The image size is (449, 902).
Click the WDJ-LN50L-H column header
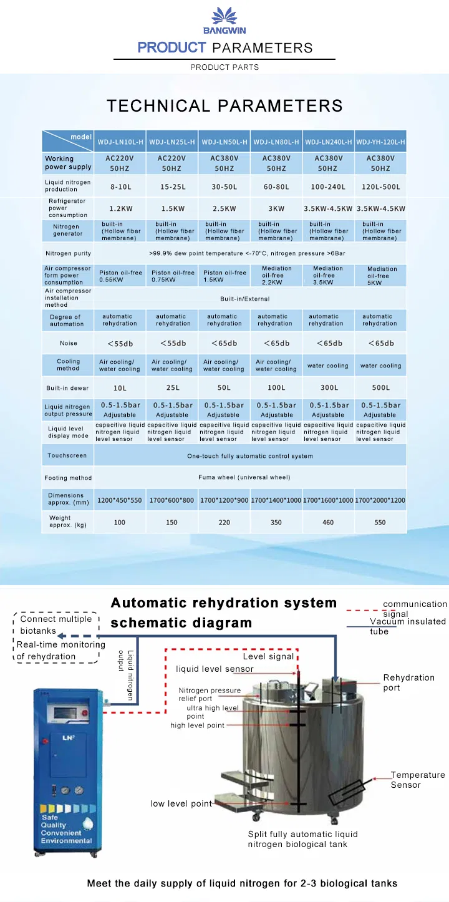(x=224, y=142)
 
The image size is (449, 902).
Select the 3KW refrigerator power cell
(x=276, y=208)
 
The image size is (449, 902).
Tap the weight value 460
(x=328, y=523)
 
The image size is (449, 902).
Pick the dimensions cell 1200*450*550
(x=120, y=500)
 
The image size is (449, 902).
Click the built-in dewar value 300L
(x=328, y=388)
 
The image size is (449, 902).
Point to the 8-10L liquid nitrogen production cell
(x=120, y=187)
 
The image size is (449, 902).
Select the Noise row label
(x=69, y=344)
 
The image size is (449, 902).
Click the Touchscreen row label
(x=68, y=456)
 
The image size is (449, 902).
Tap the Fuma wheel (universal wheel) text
(x=250, y=478)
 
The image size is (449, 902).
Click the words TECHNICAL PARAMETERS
(x=224, y=106)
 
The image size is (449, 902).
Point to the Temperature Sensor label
(x=417, y=780)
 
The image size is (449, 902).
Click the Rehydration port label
(x=408, y=682)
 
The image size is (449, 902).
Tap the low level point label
(x=181, y=803)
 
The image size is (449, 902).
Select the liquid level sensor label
(x=215, y=669)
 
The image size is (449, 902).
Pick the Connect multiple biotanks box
(x=56, y=624)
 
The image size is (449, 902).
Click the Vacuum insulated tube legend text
(x=407, y=626)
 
